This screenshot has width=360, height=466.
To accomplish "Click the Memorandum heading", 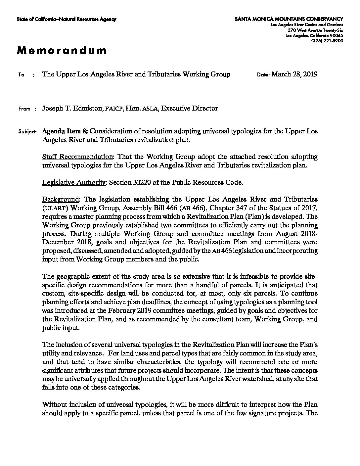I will tap(62, 51).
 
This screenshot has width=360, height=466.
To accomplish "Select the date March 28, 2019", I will tap(294, 74).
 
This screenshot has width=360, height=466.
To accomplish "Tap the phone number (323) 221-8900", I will tap(327, 41).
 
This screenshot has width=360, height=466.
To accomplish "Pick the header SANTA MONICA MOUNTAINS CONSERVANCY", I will tap(289, 19).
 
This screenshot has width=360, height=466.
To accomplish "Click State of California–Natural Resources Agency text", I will tap(67, 19).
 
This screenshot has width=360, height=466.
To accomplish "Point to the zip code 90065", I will tap(337, 36).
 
